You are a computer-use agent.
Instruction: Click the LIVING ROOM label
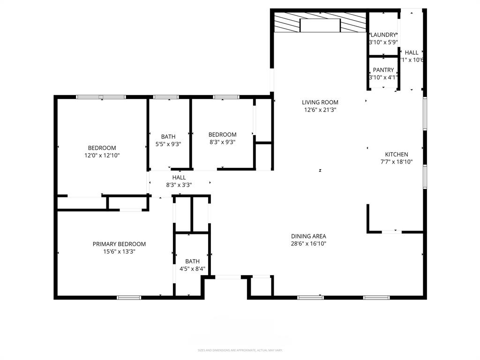click(x=320, y=102)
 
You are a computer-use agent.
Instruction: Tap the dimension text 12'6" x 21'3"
click(x=320, y=110)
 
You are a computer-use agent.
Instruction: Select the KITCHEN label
click(x=396, y=154)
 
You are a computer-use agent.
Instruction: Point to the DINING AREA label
click(x=308, y=236)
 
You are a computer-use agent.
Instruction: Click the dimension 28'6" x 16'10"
click(x=308, y=244)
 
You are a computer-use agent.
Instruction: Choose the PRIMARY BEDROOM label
click(x=119, y=244)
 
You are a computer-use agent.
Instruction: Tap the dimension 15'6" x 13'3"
click(x=119, y=251)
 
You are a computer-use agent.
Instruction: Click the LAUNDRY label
click(x=383, y=35)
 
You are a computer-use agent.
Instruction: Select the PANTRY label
click(x=383, y=70)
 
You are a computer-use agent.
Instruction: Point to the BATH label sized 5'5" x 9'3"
click(x=168, y=137)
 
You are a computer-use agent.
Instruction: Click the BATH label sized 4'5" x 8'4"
click(x=192, y=261)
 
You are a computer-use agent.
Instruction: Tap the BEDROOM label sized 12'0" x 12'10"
click(x=102, y=148)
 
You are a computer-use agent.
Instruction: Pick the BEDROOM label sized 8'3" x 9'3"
click(x=222, y=135)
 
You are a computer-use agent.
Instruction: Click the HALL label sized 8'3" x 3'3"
click(x=179, y=177)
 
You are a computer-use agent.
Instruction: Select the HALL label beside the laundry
click(x=412, y=52)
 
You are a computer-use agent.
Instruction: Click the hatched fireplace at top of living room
click(x=320, y=22)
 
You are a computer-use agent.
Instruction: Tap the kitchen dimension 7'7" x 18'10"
click(x=396, y=162)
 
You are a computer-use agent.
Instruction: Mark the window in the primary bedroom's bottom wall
click(x=129, y=297)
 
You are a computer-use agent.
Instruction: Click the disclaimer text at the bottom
click(x=240, y=350)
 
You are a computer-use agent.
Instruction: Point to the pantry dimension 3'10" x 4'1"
click(x=383, y=77)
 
